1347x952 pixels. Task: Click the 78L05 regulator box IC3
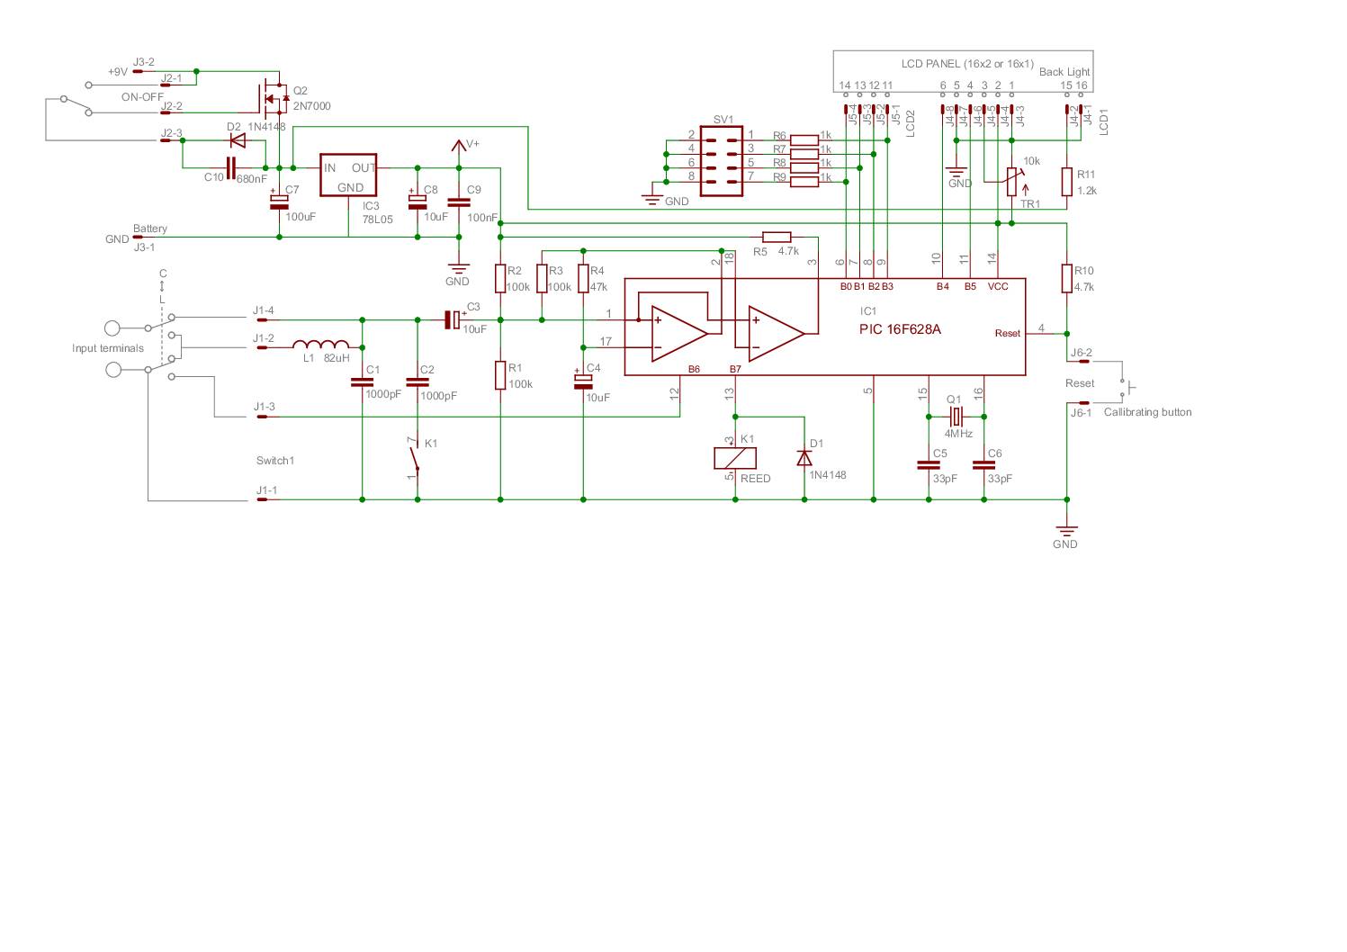(349, 177)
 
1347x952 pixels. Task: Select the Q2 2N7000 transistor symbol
(274, 96)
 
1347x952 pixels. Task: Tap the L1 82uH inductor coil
(322, 346)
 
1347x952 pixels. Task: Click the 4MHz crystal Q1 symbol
(956, 417)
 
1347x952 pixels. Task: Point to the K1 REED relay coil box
(735, 457)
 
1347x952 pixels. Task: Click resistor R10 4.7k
(1066, 278)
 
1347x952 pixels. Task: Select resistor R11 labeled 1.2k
(1066, 182)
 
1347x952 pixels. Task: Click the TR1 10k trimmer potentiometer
(1011, 181)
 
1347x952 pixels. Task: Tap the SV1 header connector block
(722, 161)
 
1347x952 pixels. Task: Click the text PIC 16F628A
(900, 329)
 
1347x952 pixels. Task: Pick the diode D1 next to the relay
(804, 457)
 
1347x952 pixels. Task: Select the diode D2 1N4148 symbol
(238, 140)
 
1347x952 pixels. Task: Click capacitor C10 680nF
(230, 167)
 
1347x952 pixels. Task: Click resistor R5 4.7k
(776, 237)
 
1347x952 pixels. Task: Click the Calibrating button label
(1147, 412)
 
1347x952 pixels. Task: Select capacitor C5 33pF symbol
(928, 465)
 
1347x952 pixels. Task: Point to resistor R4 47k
(583, 278)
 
